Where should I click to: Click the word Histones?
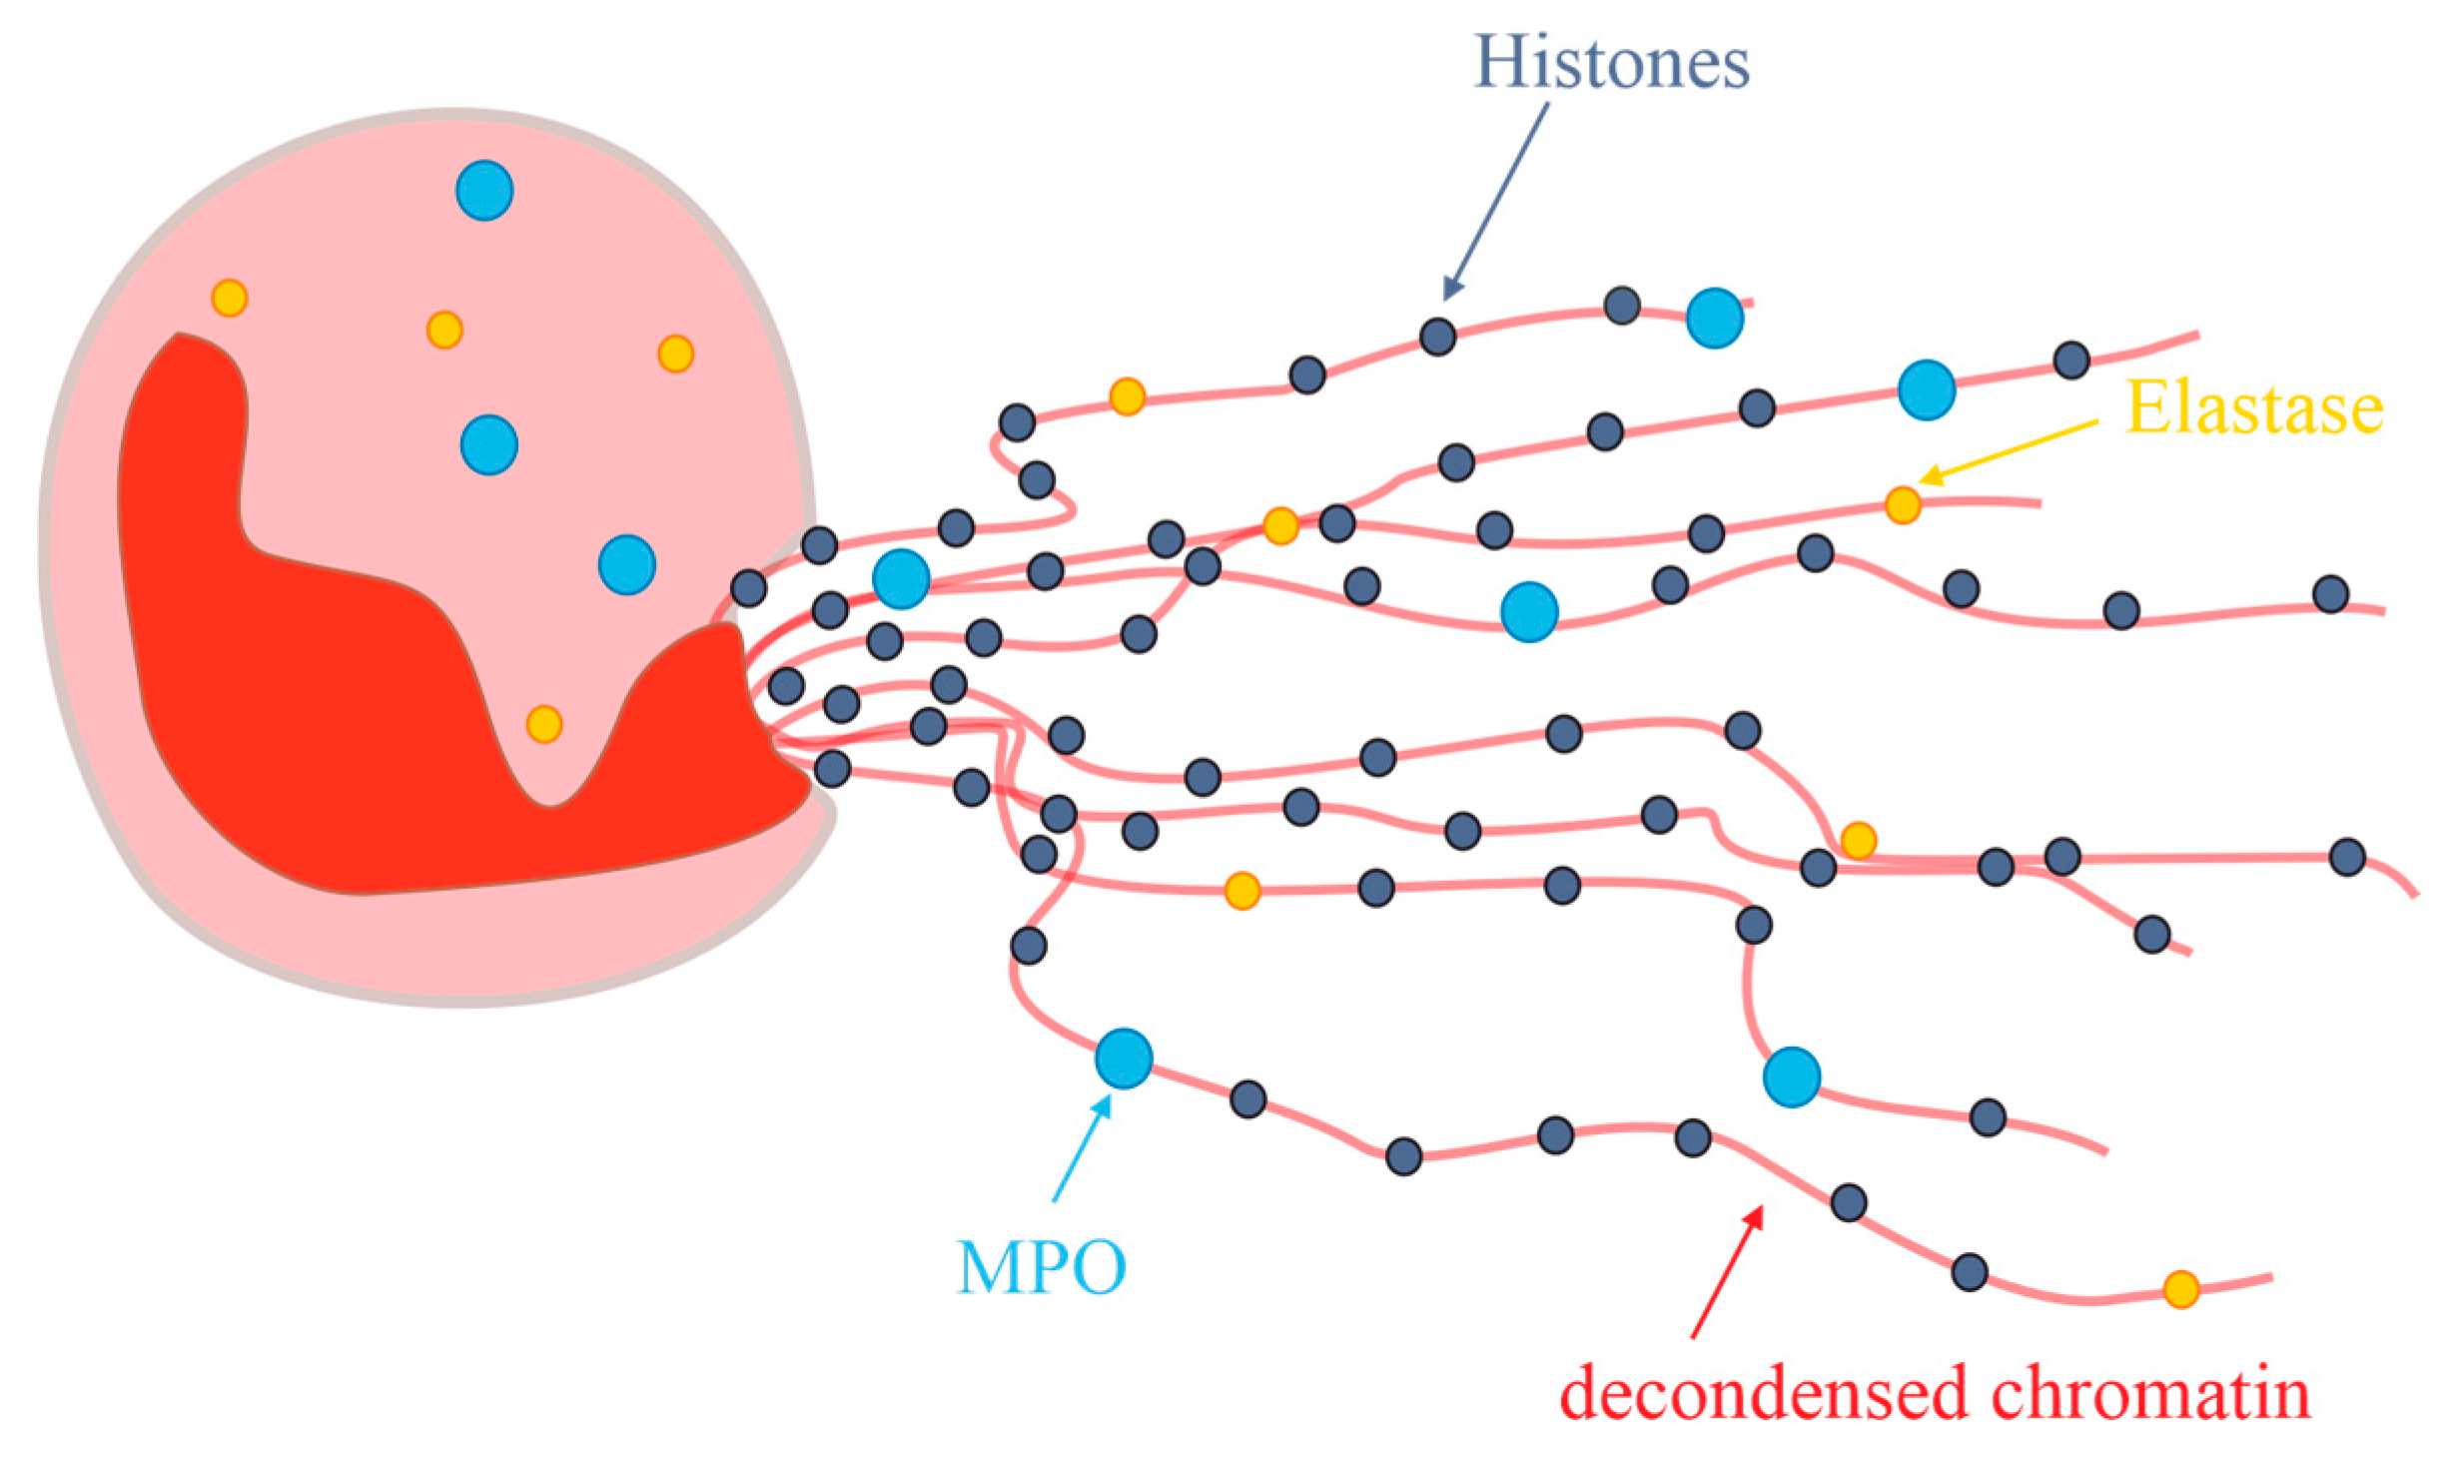tap(1611, 62)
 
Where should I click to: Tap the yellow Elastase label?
tap(2253, 407)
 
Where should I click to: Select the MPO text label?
tap(1042, 1267)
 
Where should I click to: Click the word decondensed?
tap(1763, 1392)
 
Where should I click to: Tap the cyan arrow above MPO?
tap(1083, 1147)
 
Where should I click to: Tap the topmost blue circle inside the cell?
tap(484, 190)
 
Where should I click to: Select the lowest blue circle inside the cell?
tap(626, 564)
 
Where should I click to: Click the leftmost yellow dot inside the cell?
tap(230, 298)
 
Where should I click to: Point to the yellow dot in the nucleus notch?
tap(544, 724)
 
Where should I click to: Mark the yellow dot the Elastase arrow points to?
tap(1903, 504)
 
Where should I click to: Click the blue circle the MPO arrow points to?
tap(1124, 1059)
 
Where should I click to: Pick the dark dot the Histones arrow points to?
tap(1437, 337)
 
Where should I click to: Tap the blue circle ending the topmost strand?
tap(1714, 318)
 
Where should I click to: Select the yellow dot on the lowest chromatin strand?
tap(2180, 1289)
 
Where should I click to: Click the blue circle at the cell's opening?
tap(901, 578)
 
